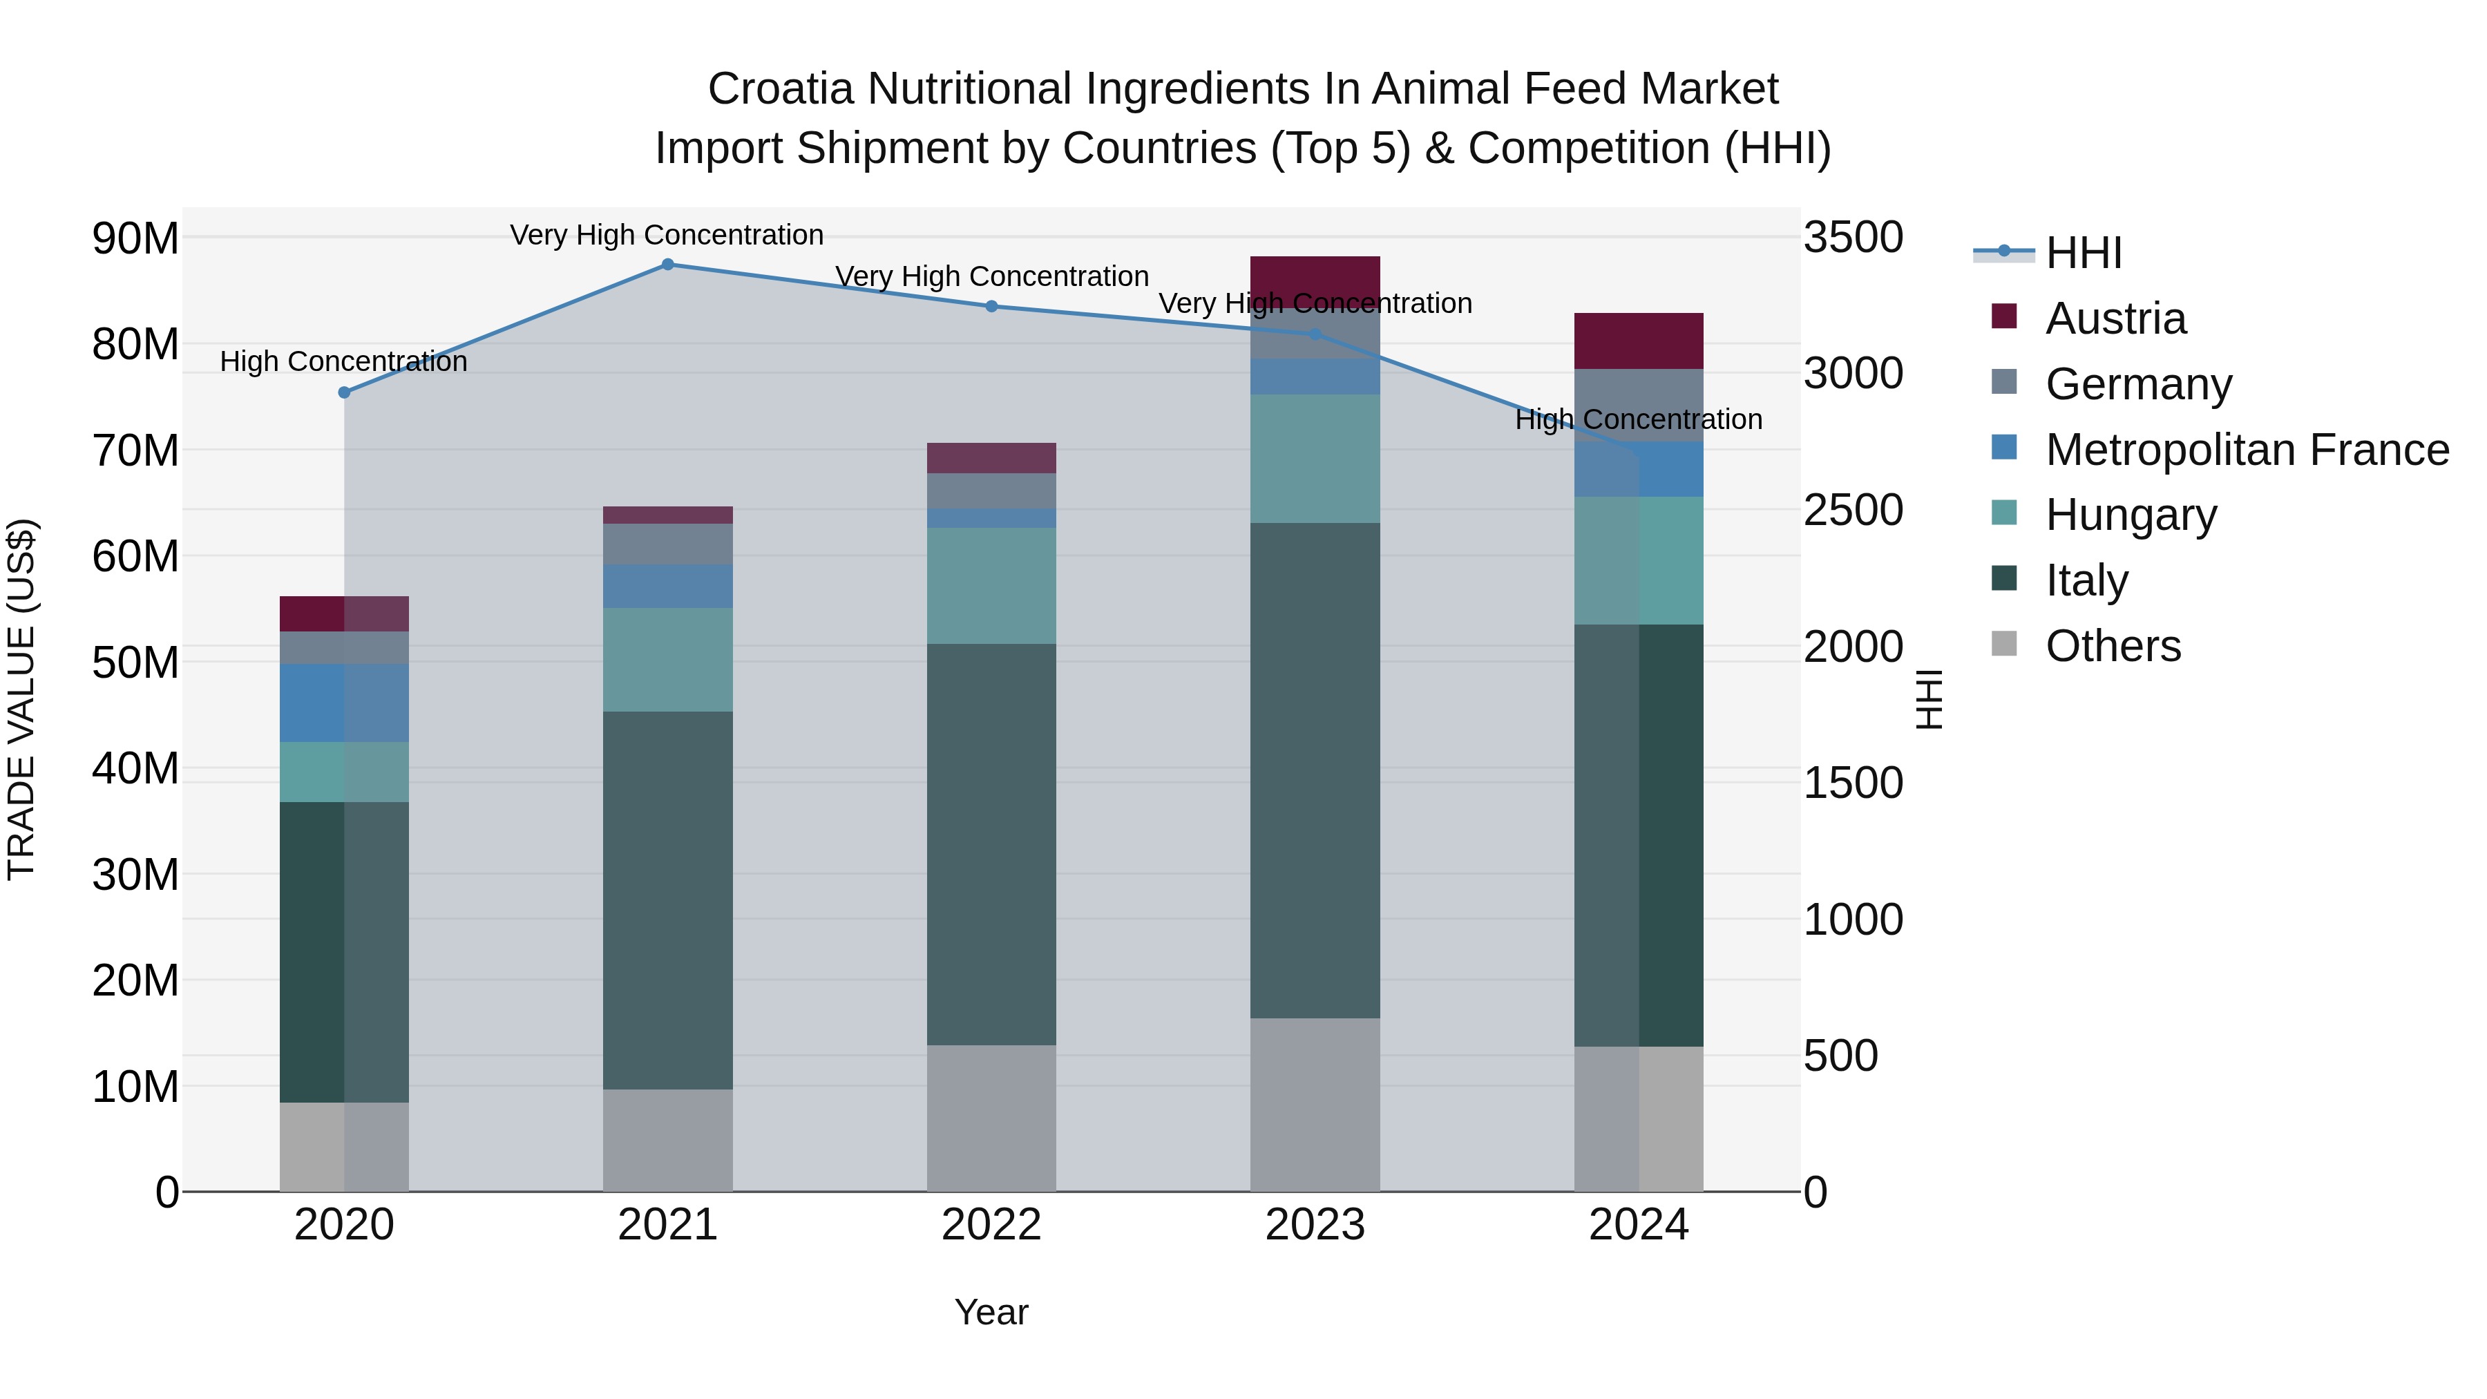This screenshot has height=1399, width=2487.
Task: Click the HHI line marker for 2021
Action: coord(667,265)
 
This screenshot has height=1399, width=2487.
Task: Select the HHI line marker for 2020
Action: coord(344,392)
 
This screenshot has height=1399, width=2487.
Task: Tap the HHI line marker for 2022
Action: coord(991,306)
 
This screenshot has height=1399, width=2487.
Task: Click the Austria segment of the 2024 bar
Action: coord(1639,341)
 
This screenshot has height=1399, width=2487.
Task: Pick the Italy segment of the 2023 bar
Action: coord(1315,770)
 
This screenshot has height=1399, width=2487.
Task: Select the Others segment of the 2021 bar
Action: coord(667,1140)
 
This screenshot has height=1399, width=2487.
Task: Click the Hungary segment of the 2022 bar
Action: coord(991,585)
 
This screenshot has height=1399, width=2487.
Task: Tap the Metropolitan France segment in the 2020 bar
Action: coord(344,703)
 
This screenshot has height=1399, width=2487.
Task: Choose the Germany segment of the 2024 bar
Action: coord(1639,405)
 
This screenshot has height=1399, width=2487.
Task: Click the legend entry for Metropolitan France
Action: coord(2247,450)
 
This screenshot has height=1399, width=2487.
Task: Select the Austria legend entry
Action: coord(2115,318)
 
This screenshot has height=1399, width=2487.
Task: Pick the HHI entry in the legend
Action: coord(2084,253)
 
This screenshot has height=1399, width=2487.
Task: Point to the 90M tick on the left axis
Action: coord(135,238)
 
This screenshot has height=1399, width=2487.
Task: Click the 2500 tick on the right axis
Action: coord(1853,510)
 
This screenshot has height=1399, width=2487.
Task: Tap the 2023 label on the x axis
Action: coord(1315,1225)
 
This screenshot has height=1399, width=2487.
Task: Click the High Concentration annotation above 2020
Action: coord(344,362)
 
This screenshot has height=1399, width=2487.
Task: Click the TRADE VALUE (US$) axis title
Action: coord(21,699)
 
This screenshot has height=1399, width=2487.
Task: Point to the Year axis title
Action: coord(991,1312)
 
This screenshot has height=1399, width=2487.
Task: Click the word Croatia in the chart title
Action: coord(781,89)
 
